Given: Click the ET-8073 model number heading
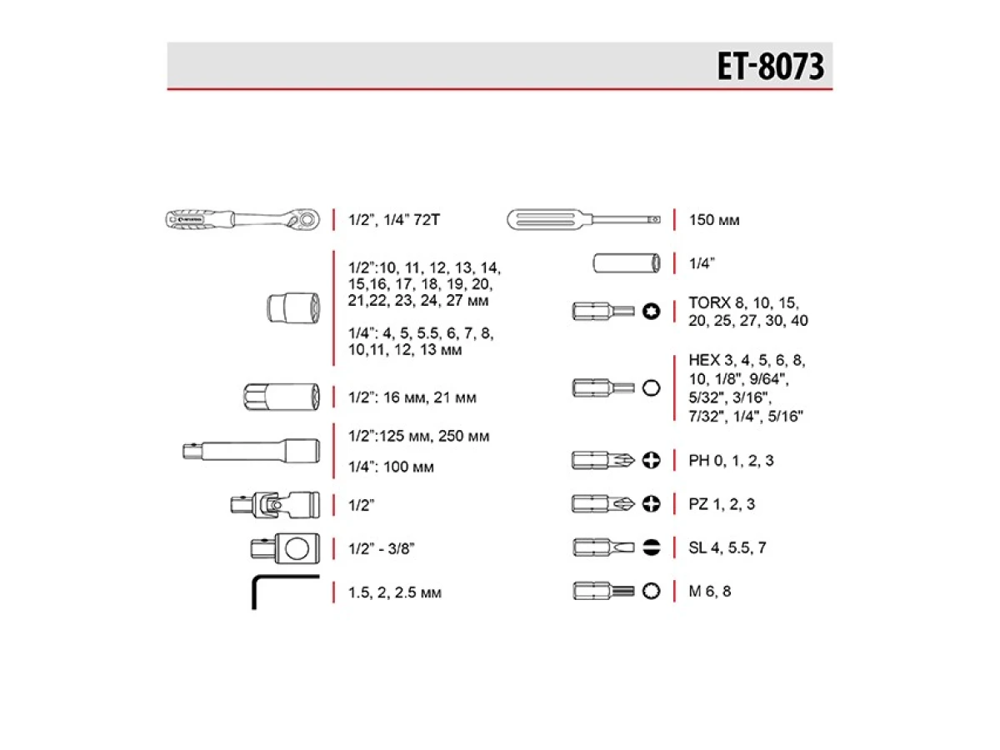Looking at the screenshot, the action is [x=770, y=66].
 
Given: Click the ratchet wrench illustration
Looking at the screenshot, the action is [x=242, y=219].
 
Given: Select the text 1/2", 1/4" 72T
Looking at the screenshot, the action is [x=394, y=220].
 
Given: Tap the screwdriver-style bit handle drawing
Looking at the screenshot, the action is [x=583, y=220].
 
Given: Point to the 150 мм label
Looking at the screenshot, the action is [x=714, y=220].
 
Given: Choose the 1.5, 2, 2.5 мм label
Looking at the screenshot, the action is [x=394, y=592].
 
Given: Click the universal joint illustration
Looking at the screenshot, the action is [x=275, y=504].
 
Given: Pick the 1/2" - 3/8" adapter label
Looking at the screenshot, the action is [x=382, y=548].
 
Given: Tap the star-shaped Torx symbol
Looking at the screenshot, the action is [x=651, y=312].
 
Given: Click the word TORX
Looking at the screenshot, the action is [x=709, y=302].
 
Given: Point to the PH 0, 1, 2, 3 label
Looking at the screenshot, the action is [x=731, y=460].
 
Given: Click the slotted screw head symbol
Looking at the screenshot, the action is [x=652, y=547].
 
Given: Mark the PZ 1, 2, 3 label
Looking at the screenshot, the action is [x=722, y=504].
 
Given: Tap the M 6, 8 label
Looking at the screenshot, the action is [x=710, y=591].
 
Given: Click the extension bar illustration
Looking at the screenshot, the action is [x=251, y=451].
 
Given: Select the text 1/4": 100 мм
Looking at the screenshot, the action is [x=391, y=467].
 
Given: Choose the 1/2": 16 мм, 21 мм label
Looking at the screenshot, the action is [x=412, y=397].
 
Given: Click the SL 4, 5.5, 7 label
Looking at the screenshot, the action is [x=727, y=547].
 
